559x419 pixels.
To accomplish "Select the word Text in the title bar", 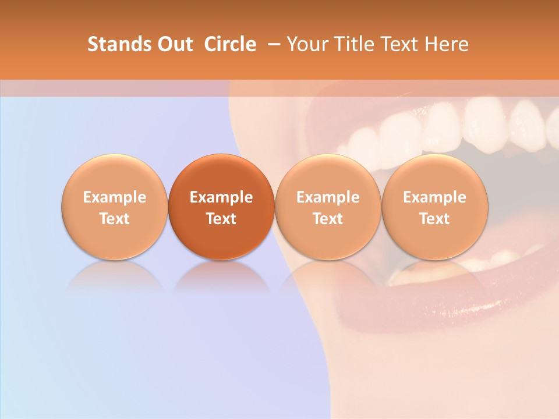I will pyautogui.click(x=399, y=44).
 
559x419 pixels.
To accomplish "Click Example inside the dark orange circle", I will pyautogui.click(x=221, y=197).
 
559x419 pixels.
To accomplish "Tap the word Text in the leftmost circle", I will pyautogui.click(x=115, y=219).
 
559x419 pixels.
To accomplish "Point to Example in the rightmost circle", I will pyautogui.click(x=434, y=197).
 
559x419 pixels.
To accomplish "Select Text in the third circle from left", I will pyautogui.click(x=328, y=219).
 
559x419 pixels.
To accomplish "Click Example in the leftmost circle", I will pyautogui.click(x=115, y=197).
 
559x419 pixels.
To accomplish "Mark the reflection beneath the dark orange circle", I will pyautogui.click(x=221, y=276).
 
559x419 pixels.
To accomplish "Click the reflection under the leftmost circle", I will pyautogui.click(x=115, y=276).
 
